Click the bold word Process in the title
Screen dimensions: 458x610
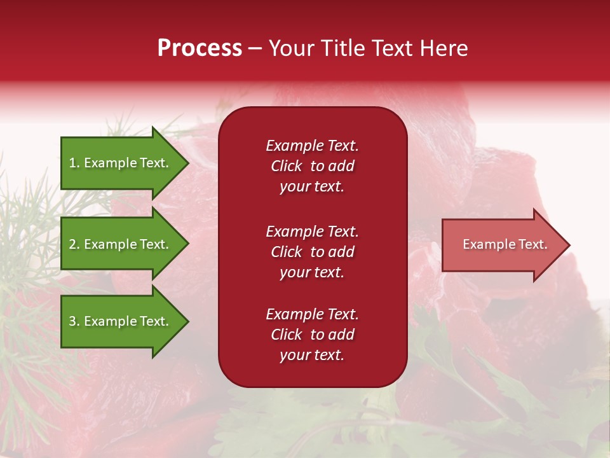point(200,48)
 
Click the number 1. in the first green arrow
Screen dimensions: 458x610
point(74,163)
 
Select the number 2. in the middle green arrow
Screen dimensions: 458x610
point(74,244)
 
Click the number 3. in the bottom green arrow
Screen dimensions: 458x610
point(74,321)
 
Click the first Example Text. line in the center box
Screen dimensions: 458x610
point(312,146)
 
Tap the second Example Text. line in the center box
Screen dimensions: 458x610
point(312,232)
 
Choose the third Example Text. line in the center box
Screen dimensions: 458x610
point(312,314)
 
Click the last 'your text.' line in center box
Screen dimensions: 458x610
point(312,355)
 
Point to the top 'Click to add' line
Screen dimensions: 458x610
point(312,166)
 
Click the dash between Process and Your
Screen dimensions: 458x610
point(255,49)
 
